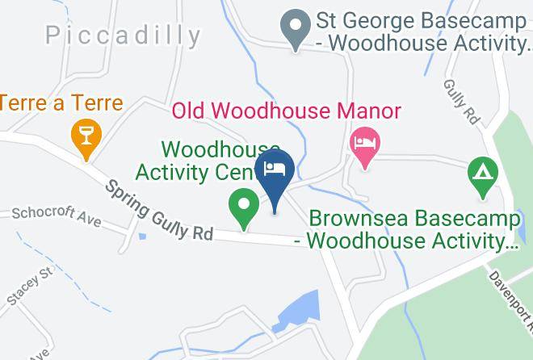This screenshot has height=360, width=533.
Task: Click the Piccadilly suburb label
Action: [x=123, y=35]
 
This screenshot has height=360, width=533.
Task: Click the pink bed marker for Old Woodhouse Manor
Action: [x=364, y=145]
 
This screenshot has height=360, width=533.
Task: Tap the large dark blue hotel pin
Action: [x=275, y=174]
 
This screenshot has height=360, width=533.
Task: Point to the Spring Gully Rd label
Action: [x=158, y=211]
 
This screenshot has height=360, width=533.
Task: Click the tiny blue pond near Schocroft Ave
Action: [x=142, y=237]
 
